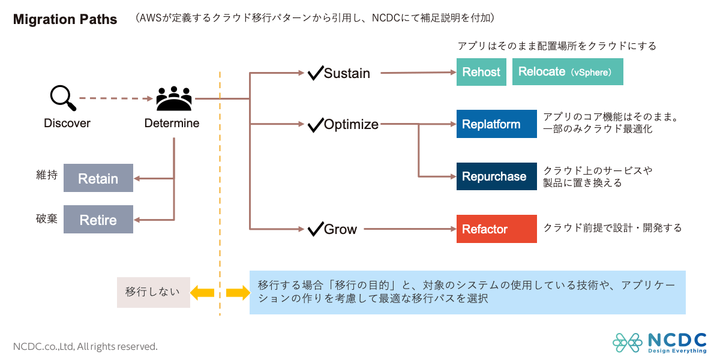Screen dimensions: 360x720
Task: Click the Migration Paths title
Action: click(x=65, y=19)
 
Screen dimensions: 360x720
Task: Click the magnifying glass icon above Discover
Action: click(x=62, y=98)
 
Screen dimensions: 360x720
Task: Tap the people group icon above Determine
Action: click(x=174, y=99)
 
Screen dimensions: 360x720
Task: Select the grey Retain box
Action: click(x=98, y=178)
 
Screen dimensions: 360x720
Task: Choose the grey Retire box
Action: click(x=98, y=220)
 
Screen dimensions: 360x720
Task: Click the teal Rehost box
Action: click(x=481, y=72)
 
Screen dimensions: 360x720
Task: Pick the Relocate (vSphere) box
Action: click(x=567, y=72)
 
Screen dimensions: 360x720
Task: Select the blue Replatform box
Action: click(x=496, y=124)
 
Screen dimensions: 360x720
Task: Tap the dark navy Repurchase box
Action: click(x=496, y=176)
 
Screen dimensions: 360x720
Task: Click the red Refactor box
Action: click(x=496, y=229)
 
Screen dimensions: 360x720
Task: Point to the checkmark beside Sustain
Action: click(x=315, y=73)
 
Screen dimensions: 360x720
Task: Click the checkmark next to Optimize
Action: click(x=315, y=125)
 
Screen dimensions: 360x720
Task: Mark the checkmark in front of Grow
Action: click(x=315, y=229)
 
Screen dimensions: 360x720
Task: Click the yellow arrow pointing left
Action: click(x=202, y=292)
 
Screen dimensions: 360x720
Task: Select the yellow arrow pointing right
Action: click(x=238, y=292)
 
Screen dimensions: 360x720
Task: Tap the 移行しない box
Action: click(x=153, y=292)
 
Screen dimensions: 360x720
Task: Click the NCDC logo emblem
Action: click(x=627, y=342)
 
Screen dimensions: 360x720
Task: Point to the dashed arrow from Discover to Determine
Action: click(x=114, y=98)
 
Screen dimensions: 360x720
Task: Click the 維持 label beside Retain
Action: click(x=47, y=176)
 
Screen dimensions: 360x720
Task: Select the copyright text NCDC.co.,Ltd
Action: click(x=85, y=346)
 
